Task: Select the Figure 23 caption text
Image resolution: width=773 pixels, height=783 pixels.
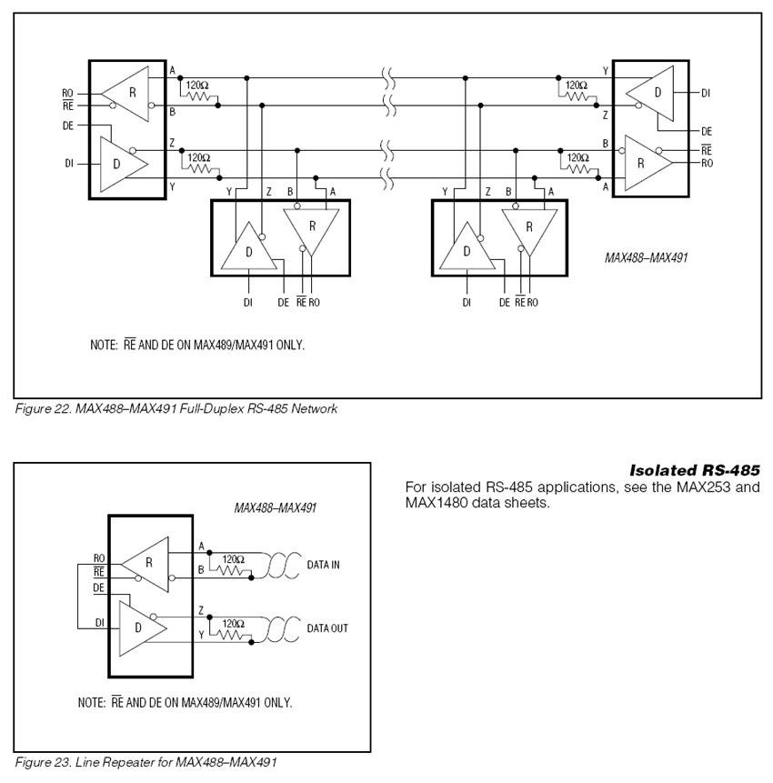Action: (x=146, y=761)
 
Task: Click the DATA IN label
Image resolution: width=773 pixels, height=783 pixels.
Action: (x=323, y=565)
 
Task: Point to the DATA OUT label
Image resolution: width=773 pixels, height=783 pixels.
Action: (x=326, y=627)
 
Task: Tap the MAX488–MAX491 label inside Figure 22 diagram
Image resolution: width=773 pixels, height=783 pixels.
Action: (x=646, y=257)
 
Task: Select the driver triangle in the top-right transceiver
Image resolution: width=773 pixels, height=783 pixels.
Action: (x=656, y=92)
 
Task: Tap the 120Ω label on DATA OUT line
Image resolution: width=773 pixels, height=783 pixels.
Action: (x=233, y=623)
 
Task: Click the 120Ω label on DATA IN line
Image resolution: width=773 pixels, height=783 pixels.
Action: (x=233, y=559)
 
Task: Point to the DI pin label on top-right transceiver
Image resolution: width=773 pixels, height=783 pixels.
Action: (x=706, y=93)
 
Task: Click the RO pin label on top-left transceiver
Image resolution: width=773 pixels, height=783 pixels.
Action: (x=67, y=93)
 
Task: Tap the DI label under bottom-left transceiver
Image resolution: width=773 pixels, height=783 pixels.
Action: (x=246, y=302)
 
